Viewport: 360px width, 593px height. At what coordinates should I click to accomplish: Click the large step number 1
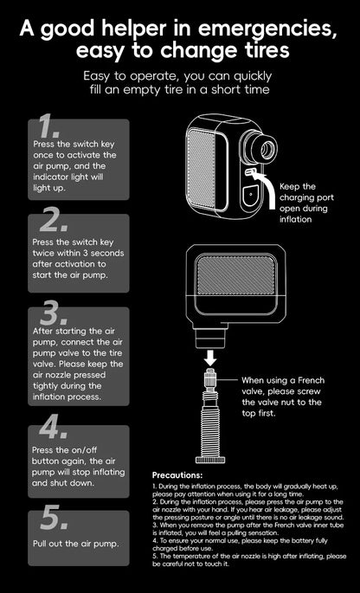(x=48, y=126)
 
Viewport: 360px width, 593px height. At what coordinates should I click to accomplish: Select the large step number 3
(x=54, y=313)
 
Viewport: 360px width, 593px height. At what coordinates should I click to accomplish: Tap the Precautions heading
(x=177, y=475)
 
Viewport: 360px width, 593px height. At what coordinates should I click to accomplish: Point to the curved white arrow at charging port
(x=266, y=189)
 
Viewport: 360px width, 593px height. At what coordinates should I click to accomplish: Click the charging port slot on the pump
(x=249, y=172)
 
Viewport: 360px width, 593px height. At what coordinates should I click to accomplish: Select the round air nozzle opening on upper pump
(x=264, y=145)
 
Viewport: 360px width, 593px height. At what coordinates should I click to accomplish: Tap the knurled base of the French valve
(x=210, y=460)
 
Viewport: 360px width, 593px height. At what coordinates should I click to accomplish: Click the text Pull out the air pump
(x=76, y=545)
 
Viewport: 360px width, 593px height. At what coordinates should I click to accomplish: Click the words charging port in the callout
(x=307, y=197)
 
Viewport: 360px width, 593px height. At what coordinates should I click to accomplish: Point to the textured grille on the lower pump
(x=236, y=270)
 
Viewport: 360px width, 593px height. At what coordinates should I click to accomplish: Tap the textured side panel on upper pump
(x=202, y=169)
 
